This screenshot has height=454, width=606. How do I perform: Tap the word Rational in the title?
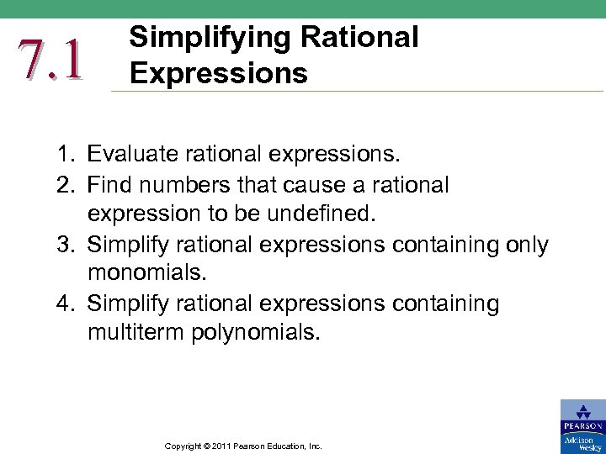[x=363, y=38]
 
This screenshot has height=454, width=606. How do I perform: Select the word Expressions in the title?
[x=218, y=73]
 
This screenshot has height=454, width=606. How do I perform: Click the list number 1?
[x=63, y=154]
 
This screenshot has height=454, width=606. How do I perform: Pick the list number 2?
[x=63, y=184]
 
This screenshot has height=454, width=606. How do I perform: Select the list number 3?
[x=63, y=245]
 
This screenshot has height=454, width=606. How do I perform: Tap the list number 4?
[x=63, y=303]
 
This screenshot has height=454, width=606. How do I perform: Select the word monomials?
[x=146, y=274]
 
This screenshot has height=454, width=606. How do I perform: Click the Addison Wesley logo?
[x=582, y=443]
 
